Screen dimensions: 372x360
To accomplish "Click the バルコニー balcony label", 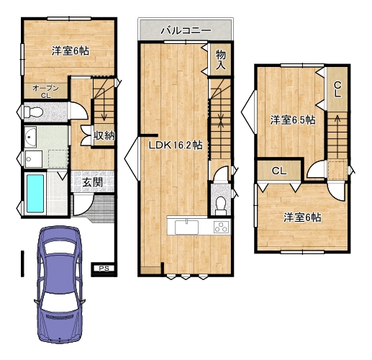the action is pos(186,30).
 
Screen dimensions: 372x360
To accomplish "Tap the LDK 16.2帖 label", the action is pos(176,145).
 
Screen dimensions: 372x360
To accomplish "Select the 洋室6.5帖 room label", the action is pos(293,120).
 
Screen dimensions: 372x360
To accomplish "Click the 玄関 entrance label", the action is pos(92,183).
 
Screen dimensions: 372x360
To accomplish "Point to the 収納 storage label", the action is pos(104,136).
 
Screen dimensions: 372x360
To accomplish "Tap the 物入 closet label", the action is pos(220,60).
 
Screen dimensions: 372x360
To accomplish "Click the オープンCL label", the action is pos(45,91).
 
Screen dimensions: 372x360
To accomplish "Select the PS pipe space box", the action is pos(104,269).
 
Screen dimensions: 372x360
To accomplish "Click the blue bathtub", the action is pos(35,194).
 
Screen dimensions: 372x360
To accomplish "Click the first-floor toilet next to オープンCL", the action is pos(33,112).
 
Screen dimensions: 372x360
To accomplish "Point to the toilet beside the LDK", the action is pos(220,206).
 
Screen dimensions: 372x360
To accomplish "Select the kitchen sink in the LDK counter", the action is pos(186,227).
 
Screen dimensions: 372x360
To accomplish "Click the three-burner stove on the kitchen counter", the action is pos(222,227).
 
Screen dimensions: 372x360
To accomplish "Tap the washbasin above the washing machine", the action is pos(30,137).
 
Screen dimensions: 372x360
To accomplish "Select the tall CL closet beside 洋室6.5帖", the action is pos(337,89).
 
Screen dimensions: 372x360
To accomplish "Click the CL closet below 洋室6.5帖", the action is pos(279,171).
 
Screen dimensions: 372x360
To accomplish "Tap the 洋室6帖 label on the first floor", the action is pos(71,51).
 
